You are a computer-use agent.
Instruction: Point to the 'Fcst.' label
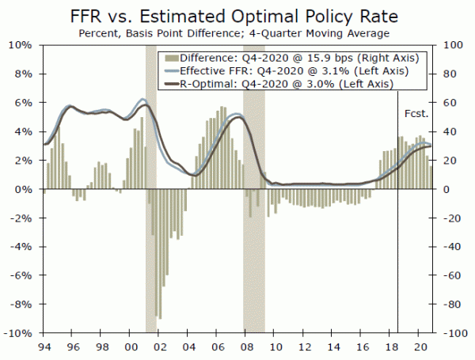[x=416, y=113]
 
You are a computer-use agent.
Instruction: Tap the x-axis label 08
[x=247, y=347]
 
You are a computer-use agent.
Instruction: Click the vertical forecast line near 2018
[x=397, y=237]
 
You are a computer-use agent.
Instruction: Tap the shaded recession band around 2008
[x=253, y=261]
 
